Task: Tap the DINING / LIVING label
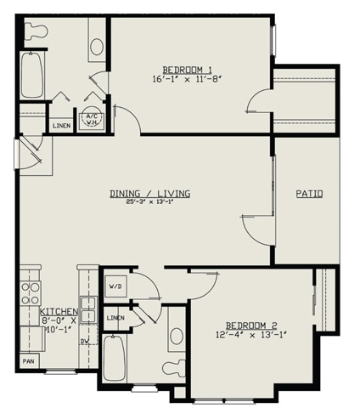click(149, 194)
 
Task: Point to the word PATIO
click(308, 194)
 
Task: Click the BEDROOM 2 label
click(253, 326)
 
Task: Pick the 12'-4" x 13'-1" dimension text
click(253, 335)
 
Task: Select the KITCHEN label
click(59, 312)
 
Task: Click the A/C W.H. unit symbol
click(90, 120)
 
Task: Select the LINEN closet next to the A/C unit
click(62, 126)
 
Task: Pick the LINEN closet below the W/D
click(115, 317)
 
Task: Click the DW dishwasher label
click(84, 342)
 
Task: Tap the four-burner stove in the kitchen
click(31, 293)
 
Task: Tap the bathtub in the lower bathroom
click(116, 356)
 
